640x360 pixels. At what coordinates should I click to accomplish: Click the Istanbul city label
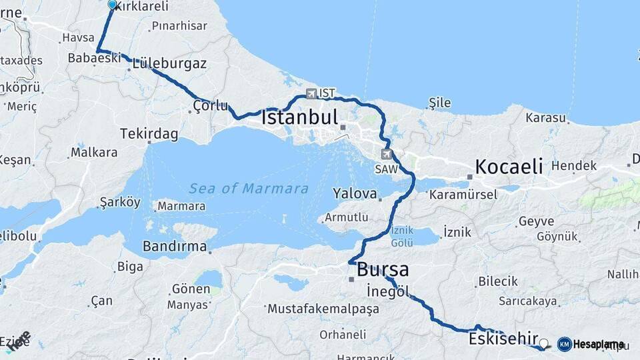click(300, 117)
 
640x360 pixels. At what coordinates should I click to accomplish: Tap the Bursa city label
click(383, 269)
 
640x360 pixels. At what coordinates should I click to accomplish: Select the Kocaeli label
click(509, 166)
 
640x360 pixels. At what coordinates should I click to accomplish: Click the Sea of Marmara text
click(249, 189)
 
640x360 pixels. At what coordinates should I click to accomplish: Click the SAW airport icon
click(386, 155)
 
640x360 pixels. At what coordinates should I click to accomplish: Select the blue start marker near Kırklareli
click(112, 5)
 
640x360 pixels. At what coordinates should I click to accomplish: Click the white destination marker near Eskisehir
click(544, 344)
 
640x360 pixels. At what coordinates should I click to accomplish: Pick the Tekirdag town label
click(149, 135)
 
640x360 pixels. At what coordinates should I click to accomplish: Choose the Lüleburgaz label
click(169, 64)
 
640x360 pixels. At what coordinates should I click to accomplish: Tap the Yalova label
click(355, 193)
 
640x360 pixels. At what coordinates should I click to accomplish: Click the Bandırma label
click(175, 246)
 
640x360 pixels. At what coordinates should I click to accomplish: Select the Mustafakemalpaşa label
click(323, 309)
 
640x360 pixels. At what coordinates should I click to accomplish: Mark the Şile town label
click(440, 103)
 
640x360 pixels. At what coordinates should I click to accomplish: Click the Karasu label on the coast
click(546, 118)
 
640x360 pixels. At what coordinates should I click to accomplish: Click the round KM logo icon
click(564, 344)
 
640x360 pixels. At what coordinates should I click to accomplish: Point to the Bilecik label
click(498, 281)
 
